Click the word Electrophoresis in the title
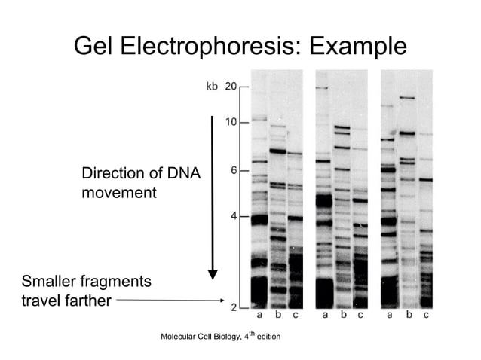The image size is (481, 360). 213,47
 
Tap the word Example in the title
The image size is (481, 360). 354,47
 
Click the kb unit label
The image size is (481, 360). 212,87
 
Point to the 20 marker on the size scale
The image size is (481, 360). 231,87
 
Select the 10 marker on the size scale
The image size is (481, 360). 231,122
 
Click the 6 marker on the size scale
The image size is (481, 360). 234,170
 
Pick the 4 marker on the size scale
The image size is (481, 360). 234,217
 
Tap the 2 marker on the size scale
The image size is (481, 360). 234,307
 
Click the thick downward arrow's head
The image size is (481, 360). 213,273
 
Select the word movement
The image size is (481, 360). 118,193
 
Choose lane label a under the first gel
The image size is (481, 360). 260,315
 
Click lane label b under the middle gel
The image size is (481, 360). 343,315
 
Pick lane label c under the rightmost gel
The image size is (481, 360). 426,315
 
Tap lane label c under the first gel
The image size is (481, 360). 295,315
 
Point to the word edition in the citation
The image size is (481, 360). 268,336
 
